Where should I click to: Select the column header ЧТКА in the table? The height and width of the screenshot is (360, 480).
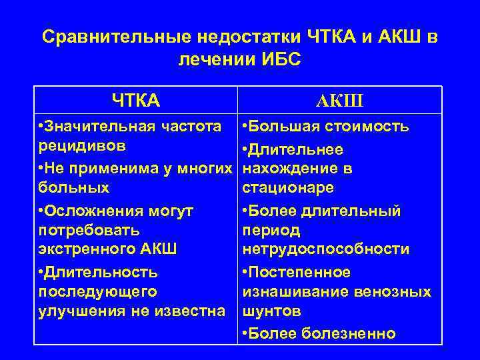[x=136, y=101]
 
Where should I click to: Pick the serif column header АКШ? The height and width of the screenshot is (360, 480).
[x=341, y=101]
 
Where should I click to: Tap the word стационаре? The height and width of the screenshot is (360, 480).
[x=288, y=187]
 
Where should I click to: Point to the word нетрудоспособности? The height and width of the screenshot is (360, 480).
[x=326, y=249]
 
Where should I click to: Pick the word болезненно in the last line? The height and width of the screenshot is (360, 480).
[x=357, y=333]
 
